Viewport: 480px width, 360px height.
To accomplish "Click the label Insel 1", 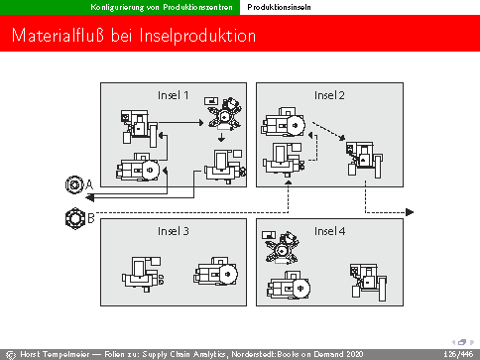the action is (x=174, y=95).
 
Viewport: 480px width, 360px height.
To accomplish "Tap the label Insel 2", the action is (x=329, y=95).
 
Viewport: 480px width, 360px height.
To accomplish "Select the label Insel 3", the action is (x=174, y=231).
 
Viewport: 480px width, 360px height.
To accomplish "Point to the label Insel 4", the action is (x=329, y=231).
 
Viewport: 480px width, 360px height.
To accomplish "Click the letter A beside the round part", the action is (x=89, y=184).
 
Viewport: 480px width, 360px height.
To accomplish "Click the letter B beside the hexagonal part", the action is (x=91, y=218).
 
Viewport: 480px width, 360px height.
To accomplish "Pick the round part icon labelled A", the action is (x=74, y=184).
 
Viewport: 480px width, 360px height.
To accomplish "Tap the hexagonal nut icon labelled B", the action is (x=75, y=218).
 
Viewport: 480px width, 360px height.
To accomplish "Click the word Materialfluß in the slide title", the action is (x=58, y=35).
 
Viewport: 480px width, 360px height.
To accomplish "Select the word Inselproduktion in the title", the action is (x=197, y=36).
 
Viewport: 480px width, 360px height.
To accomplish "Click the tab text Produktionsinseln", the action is (x=279, y=7).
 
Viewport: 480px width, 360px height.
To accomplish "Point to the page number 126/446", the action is (x=459, y=354).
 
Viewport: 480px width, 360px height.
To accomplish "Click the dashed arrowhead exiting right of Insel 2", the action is (x=410, y=212).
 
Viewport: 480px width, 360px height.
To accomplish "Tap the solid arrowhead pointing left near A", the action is (x=89, y=197).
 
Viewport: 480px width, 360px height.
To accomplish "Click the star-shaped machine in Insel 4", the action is (x=282, y=248).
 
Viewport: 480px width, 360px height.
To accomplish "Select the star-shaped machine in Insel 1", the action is (x=225, y=114).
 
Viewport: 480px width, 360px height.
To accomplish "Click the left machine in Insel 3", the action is (x=143, y=274).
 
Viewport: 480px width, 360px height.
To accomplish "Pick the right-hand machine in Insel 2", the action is (x=364, y=160).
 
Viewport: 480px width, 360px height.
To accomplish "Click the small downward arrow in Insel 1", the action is (x=221, y=137).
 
